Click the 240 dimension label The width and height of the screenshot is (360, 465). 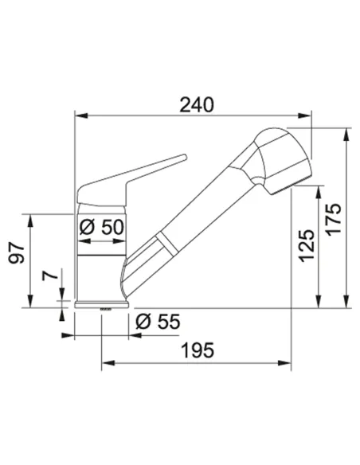pyautogui.click(x=197, y=104)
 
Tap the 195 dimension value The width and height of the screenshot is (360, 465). pyautogui.click(x=198, y=350)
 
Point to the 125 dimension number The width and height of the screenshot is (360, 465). pyautogui.click(x=306, y=246)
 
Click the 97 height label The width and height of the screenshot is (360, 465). pyautogui.click(x=16, y=253)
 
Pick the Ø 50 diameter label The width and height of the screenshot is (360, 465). pyautogui.click(x=102, y=228)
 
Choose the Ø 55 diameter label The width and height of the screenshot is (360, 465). pyautogui.click(x=158, y=322)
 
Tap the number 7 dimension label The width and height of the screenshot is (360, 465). pyautogui.click(x=50, y=275)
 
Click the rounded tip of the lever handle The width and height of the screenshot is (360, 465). pyautogui.click(x=185, y=157)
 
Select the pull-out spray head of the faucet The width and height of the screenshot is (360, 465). pyautogui.click(x=282, y=160)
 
